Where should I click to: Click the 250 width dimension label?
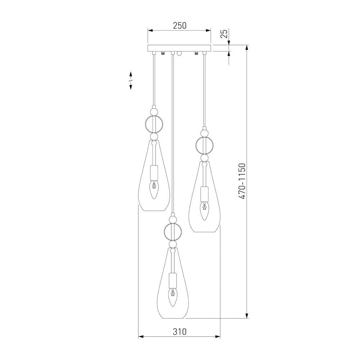tap(180, 26)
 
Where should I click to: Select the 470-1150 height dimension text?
tap(242, 181)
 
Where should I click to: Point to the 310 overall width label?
tap(180, 332)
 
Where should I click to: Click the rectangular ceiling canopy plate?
tap(179, 48)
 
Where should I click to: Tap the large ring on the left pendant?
tap(145, 124)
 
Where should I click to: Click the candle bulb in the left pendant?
tap(154, 189)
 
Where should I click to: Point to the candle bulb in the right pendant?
tap(204, 211)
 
